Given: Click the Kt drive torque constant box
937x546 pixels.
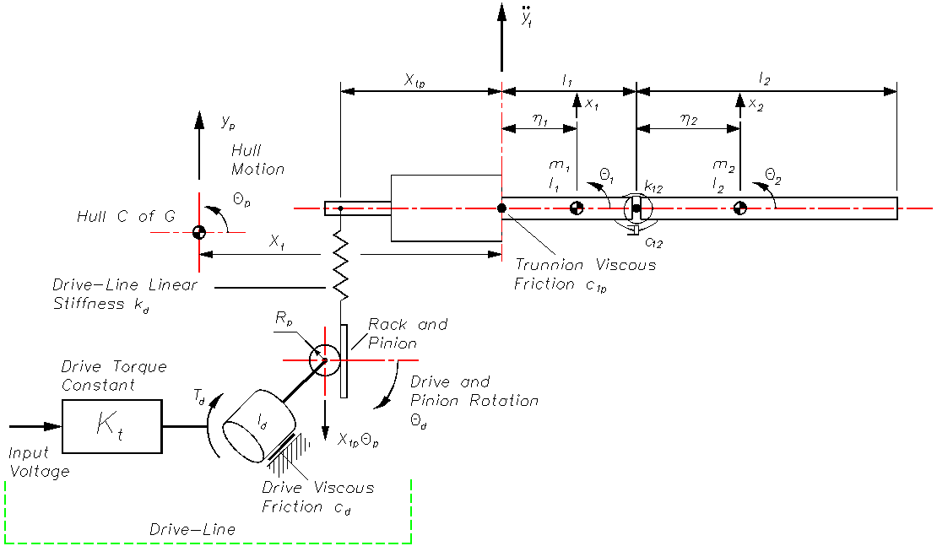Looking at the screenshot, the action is [111, 426].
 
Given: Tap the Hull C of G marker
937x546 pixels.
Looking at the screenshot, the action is [199, 232].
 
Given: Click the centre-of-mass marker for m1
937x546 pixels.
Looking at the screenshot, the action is [577, 208].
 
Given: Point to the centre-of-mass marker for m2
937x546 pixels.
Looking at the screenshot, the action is [739, 208].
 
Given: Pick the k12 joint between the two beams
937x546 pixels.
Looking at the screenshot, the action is [636, 208].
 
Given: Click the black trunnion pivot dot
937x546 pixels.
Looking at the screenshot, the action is [502, 208].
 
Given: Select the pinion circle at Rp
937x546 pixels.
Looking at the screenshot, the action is [324, 359].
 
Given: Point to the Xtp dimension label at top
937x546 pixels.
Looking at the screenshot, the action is [414, 80].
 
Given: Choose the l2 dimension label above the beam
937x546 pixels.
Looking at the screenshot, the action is [764, 78].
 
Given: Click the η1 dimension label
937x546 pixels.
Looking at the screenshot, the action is [540, 120].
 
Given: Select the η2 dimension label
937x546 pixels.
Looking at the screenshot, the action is [689, 120].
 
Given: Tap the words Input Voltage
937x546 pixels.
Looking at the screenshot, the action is [39, 462].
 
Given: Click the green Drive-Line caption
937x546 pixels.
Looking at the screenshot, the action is [192, 529].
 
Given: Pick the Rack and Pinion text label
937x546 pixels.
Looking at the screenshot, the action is [408, 333].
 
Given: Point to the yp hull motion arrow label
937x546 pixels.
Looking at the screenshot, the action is [228, 122].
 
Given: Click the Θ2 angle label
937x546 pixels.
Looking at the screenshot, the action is [773, 176].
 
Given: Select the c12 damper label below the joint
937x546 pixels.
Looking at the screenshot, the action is [653, 241].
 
